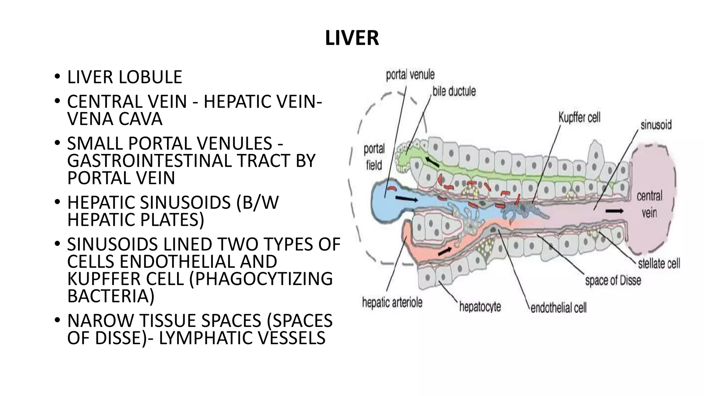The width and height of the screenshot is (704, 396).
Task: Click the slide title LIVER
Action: (352, 38)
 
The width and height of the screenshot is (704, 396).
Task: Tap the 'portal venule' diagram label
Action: (410, 74)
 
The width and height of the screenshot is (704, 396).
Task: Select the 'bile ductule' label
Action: (454, 91)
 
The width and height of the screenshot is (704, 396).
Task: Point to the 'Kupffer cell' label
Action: (579, 118)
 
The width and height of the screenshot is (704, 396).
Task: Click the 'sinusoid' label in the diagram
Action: (656, 124)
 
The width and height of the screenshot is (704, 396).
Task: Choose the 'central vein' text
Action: (649, 204)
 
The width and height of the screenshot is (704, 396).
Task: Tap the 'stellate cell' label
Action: (659, 264)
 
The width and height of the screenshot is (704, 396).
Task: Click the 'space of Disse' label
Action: (613, 280)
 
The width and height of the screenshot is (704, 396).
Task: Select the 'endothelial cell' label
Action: (559, 308)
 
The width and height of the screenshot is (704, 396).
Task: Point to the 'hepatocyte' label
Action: (480, 306)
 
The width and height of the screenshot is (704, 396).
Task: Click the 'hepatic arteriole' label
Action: (392, 303)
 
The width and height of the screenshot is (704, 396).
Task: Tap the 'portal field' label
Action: (374, 157)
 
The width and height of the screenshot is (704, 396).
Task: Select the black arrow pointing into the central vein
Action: (615, 211)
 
